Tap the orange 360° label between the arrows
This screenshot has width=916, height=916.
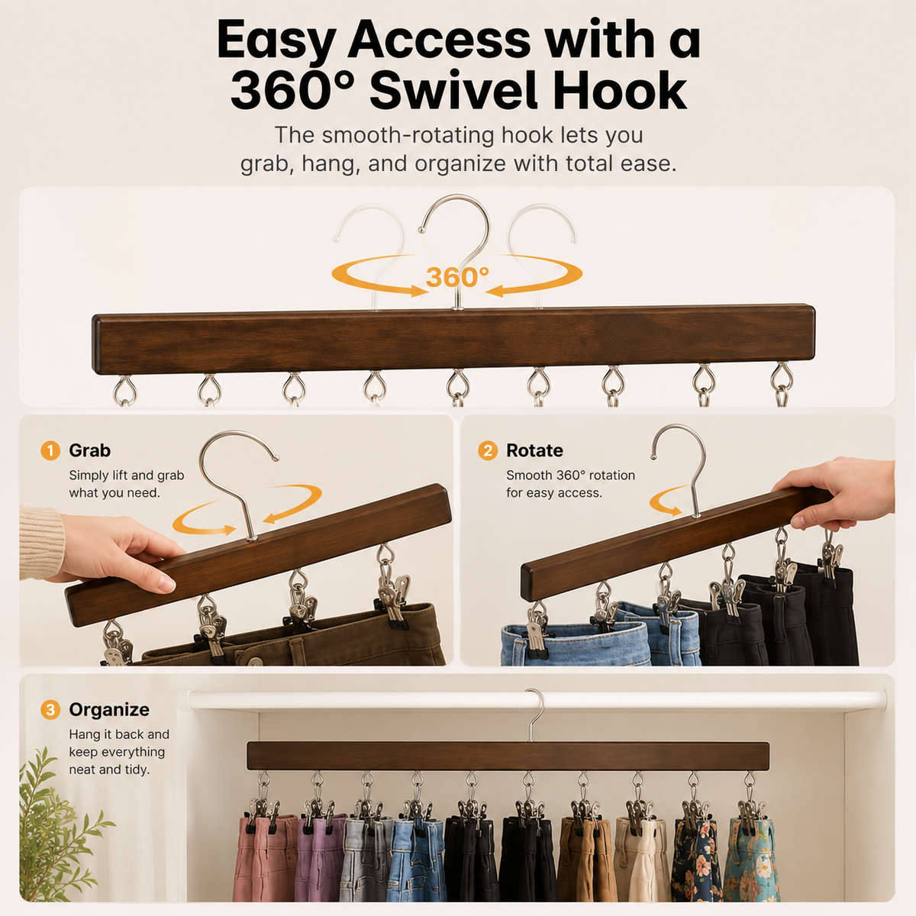pyautogui.click(x=457, y=276)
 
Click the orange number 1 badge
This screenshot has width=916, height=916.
pyautogui.click(x=50, y=450)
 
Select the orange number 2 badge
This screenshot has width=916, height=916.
pyautogui.click(x=488, y=450)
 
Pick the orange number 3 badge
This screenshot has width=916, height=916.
pyautogui.click(x=50, y=710)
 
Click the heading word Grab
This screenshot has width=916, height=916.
pyautogui.click(x=90, y=450)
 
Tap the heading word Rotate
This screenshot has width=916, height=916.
pyautogui.click(x=534, y=450)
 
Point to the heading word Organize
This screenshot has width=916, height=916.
pyautogui.click(x=109, y=710)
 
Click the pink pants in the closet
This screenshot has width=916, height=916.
pyautogui.click(x=265, y=858)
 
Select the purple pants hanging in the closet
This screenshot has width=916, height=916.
pyautogui.click(x=319, y=858)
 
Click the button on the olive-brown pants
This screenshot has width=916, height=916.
pyautogui.click(x=256, y=661)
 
